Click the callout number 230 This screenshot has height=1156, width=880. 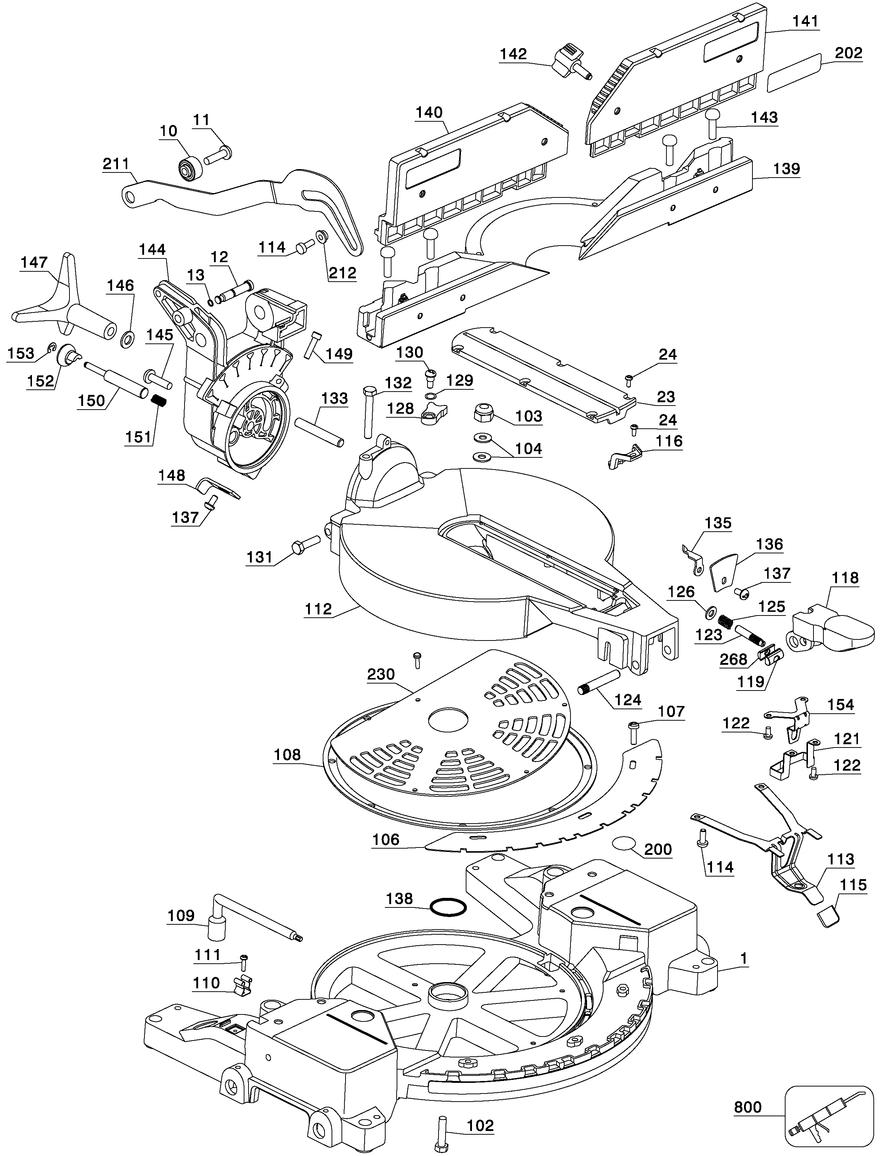[x=381, y=674]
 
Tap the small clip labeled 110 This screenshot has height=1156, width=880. [x=242, y=985]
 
